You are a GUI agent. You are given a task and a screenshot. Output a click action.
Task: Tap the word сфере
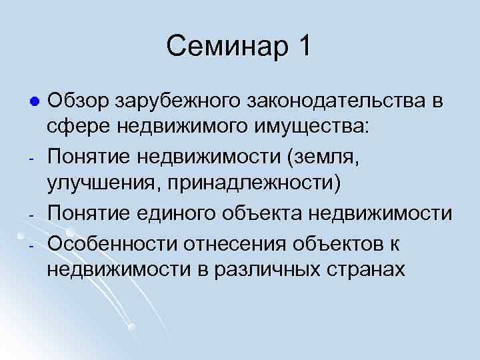73,128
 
